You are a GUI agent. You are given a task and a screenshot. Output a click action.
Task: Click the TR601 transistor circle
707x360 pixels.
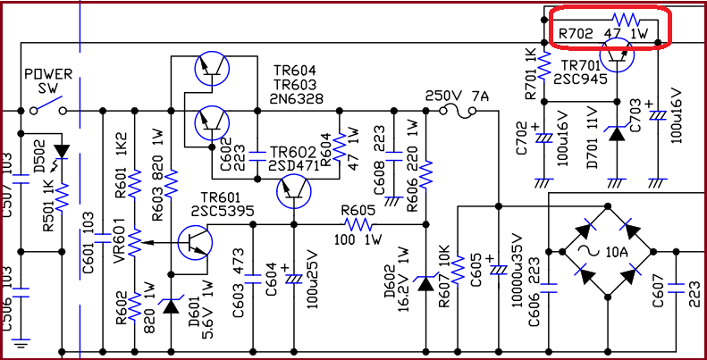(195, 242)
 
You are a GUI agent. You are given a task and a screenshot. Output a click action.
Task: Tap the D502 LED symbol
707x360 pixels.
(61, 149)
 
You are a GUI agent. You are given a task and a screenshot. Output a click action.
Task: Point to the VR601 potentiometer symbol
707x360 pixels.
(134, 241)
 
